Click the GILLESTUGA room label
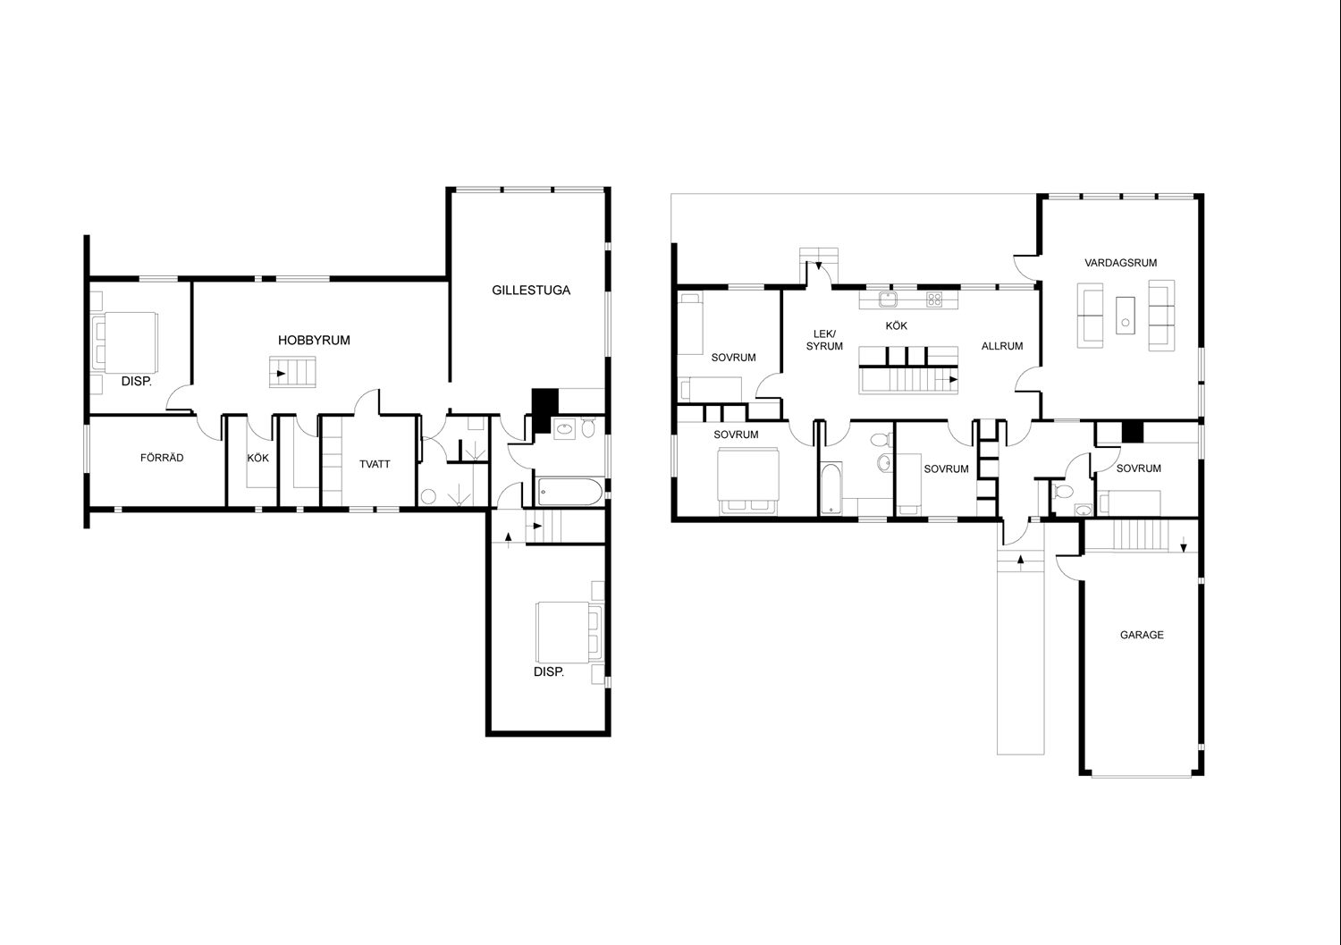531,291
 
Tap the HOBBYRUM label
314,340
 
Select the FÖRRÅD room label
162,458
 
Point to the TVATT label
375,464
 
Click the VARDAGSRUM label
1121,262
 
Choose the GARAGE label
1142,635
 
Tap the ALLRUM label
1002,345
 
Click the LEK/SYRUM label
824,340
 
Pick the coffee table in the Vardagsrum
1126,316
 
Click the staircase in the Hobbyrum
292,372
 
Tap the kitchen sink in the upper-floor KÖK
888,299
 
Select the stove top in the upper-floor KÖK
934,299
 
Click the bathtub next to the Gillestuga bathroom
569,492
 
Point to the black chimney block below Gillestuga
544,410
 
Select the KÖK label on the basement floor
258,458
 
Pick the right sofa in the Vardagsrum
1161,315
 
